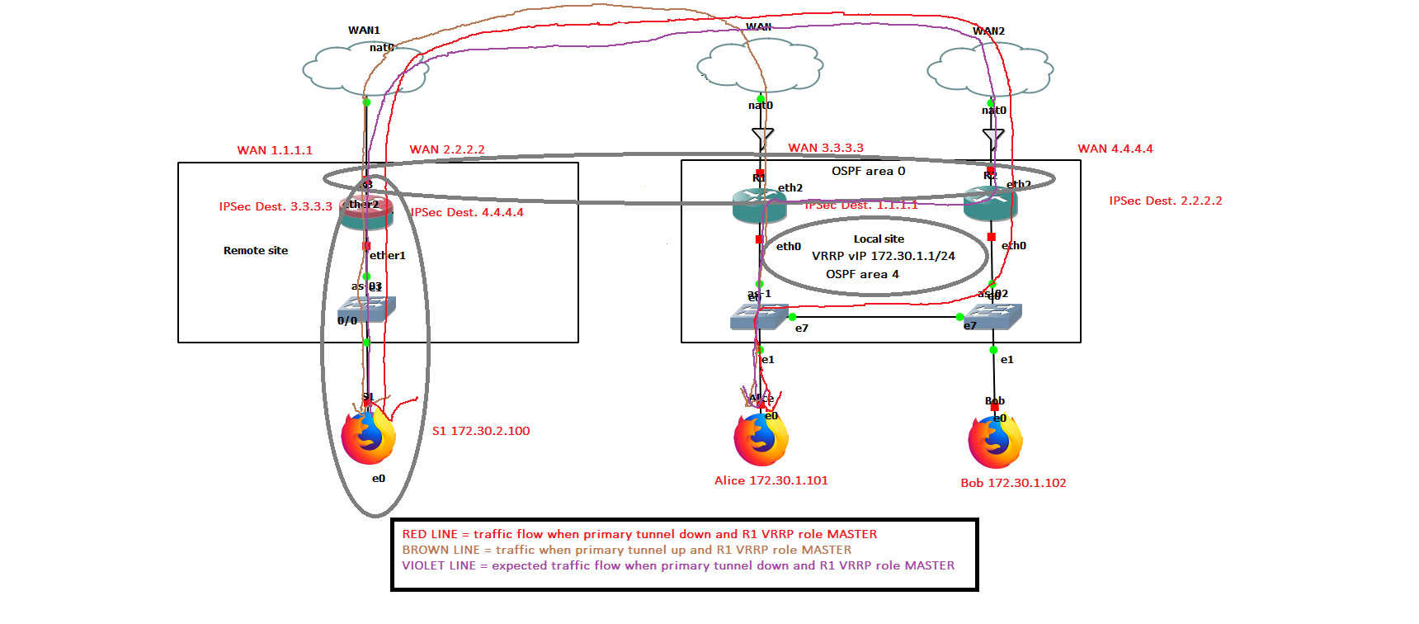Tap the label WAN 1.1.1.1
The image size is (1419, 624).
coord(275,150)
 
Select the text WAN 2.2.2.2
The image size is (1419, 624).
coord(447,149)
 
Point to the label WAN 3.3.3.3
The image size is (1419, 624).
coord(826,148)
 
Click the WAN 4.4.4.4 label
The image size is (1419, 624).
coord(1115,149)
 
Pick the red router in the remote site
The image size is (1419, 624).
coord(366,212)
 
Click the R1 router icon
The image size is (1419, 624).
coord(759,206)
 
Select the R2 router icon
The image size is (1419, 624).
coord(990,204)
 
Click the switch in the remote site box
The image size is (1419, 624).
coord(367,309)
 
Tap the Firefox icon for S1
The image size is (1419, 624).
coord(369,437)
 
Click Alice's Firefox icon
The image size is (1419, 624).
coord(761,439)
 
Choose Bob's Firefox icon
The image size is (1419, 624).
coord(995,441)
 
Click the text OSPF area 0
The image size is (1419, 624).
coord(868,171)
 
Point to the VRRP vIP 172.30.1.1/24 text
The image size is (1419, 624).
coord(883,256)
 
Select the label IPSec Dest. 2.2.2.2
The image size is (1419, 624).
coord(1166,201)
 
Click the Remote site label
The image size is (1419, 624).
coord(256,250)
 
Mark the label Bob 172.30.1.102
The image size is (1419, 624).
coord(1013,483)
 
